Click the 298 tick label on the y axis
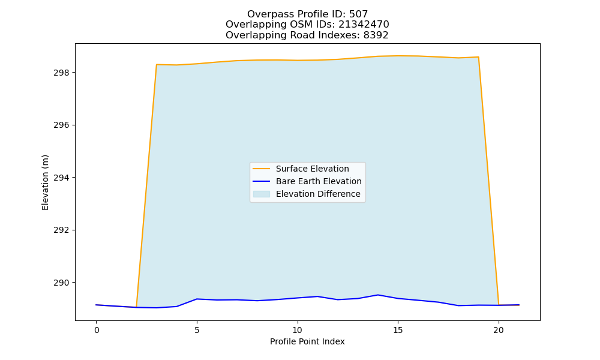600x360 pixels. (61, 73)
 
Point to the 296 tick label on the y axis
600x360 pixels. (61, 125)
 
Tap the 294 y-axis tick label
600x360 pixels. (61, 178)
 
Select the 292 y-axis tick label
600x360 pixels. (61, 230)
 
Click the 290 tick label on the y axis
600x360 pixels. (61, 283)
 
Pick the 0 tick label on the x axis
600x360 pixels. (97, 330)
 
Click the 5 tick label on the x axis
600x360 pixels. (197, 330)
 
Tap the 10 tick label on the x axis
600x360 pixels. (298, 330)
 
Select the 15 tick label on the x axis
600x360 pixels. (398, 330)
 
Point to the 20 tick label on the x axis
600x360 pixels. (499, 330)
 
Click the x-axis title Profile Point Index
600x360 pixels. (307, 341)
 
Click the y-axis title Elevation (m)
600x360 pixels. (45, 182)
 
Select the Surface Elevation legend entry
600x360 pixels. (312, 169)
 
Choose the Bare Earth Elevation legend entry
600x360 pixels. (319, 181)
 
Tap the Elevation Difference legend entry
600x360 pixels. (318, 194)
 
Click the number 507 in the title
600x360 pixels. (359, 14)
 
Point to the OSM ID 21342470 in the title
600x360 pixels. (364, 25)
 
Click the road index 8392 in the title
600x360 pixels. (376, 35)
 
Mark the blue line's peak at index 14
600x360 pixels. (378, 295)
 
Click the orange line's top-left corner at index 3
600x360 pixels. (157, 65)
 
